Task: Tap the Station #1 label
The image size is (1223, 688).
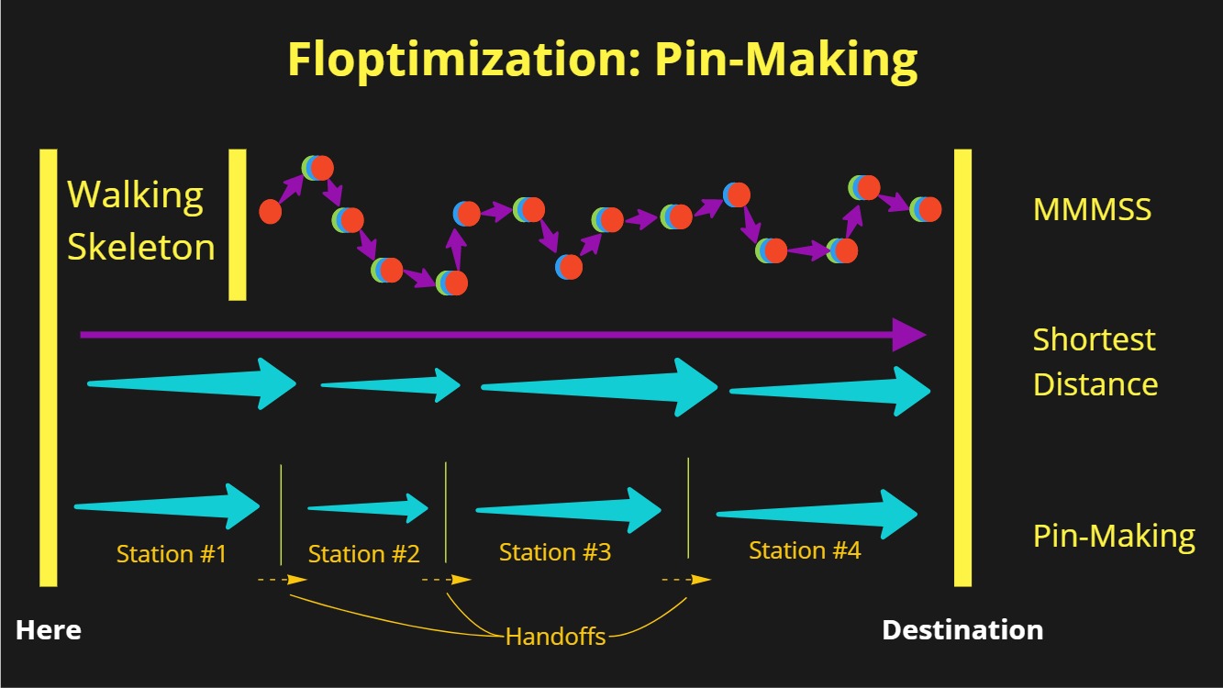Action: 172,554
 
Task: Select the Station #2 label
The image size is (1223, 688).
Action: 363,554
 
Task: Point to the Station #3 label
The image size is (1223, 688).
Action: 555,552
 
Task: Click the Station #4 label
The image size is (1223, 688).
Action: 805,550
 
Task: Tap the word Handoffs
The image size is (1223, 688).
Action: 555,637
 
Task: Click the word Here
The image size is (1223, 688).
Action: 49,630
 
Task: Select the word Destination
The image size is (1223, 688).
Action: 962,630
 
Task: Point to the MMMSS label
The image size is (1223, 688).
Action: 1092,209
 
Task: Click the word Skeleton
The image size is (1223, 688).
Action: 141,247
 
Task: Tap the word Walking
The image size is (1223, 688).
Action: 135,195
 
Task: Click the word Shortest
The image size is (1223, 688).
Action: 1095,339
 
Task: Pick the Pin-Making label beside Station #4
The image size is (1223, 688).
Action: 1114,536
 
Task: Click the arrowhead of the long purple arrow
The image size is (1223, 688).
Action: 909,335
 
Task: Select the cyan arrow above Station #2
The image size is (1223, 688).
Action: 390,385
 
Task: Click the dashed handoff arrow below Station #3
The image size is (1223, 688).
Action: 686,580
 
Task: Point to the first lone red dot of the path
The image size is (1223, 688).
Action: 271,211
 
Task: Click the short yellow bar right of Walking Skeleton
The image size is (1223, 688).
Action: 238,225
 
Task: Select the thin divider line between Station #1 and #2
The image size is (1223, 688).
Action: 281,515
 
